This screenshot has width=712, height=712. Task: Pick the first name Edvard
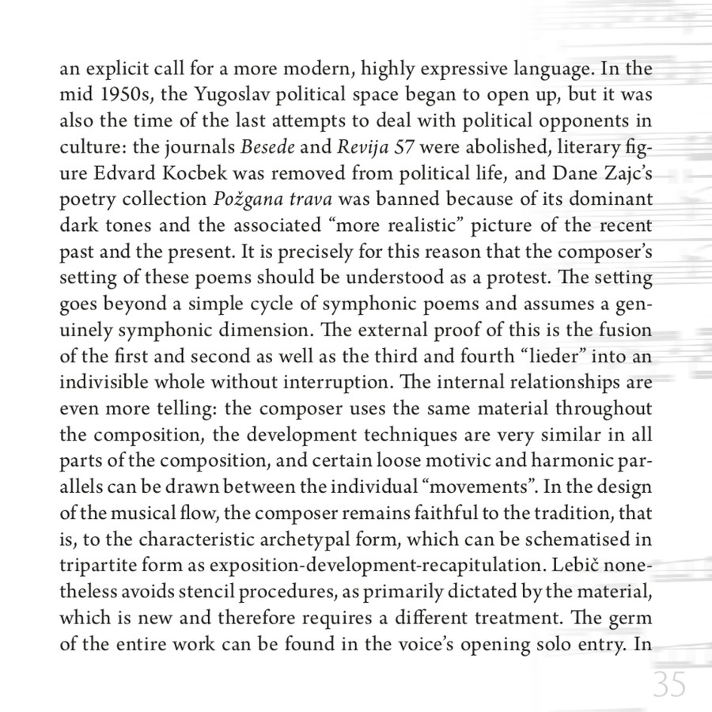click(x=123, y=172)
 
